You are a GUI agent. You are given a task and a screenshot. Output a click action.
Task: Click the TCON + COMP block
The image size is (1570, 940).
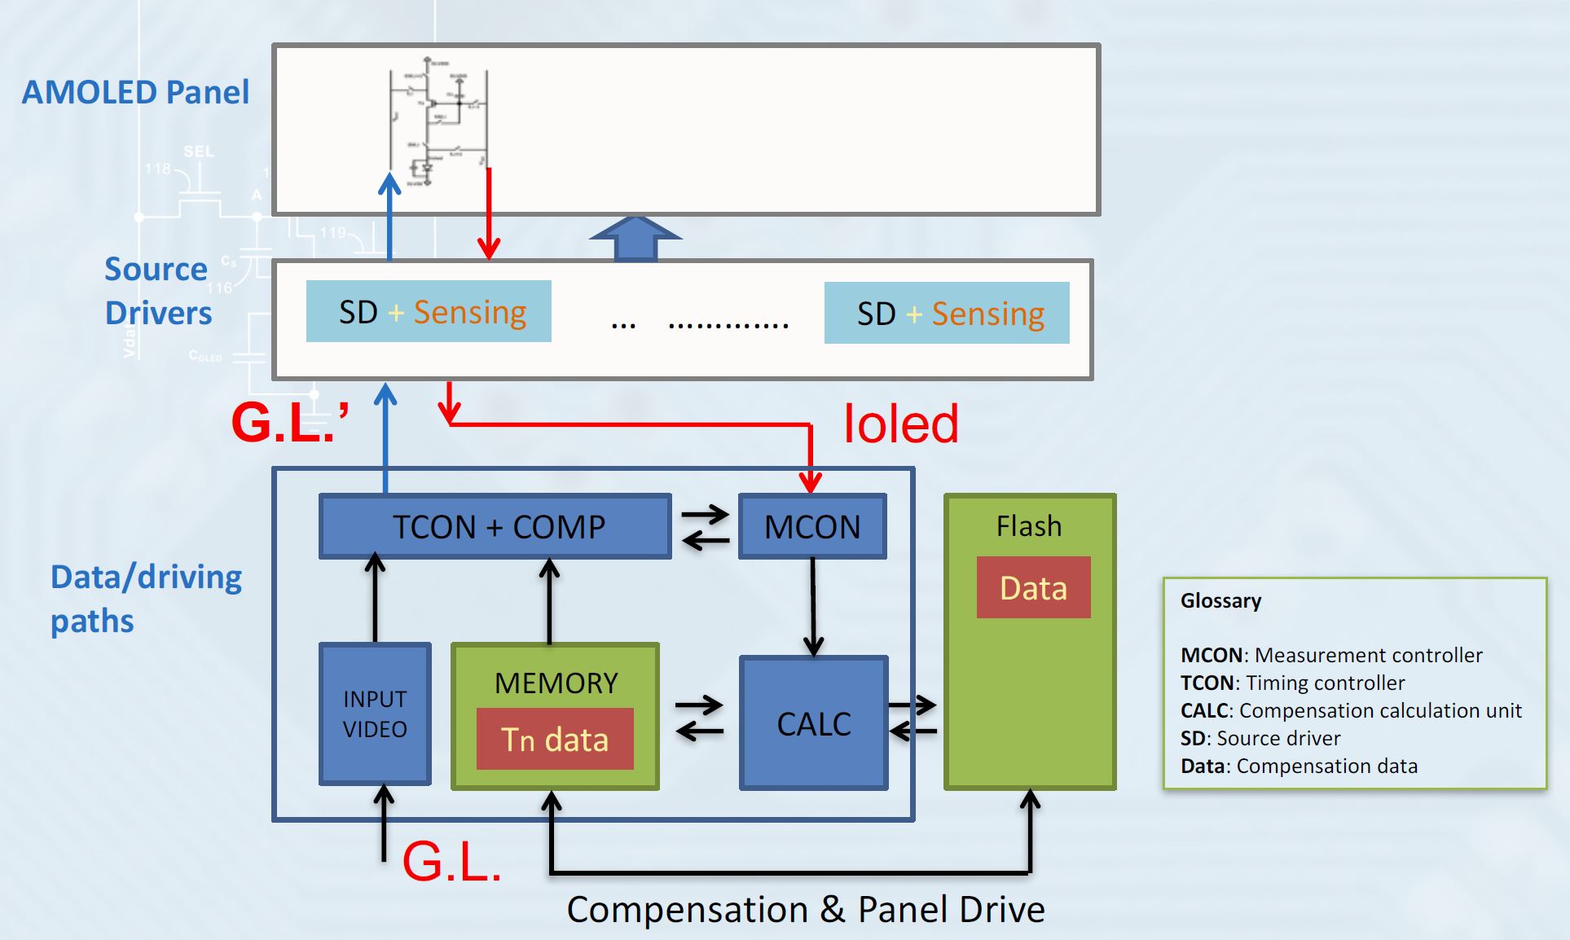495,526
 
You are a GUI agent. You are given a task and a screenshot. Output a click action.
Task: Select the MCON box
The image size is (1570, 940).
812,526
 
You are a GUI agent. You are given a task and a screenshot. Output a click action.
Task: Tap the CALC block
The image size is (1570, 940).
814,723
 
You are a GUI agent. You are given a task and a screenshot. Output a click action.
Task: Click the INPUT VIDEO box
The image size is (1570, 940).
375,714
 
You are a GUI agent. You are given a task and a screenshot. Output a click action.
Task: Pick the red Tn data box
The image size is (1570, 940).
555,740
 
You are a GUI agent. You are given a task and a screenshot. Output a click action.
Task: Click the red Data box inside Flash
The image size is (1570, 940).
1033,587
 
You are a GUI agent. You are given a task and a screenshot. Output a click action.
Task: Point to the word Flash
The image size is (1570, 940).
1029,526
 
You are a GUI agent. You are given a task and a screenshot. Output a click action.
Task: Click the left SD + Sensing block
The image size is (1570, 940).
429,312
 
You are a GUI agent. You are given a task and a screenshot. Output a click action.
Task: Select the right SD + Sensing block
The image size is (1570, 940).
947,313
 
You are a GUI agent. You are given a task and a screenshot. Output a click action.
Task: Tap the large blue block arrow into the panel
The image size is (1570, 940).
635,239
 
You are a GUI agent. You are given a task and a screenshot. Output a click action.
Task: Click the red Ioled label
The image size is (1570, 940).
900,424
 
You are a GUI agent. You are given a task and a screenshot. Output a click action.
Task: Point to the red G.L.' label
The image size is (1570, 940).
290,422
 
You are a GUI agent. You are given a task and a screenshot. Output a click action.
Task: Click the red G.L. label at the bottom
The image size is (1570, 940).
451,861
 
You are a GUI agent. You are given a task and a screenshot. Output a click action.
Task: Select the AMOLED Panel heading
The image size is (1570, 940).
135,92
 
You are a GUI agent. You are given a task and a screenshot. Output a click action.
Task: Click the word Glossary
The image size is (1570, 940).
1220,600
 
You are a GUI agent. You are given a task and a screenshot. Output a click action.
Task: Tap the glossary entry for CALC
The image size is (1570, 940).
1350,710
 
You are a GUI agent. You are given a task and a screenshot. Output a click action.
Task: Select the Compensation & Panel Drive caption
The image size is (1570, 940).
805,909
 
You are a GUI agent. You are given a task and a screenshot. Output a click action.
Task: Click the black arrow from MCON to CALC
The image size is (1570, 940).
812,607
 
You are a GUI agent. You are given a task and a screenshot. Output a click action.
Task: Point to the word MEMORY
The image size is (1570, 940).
556,683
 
